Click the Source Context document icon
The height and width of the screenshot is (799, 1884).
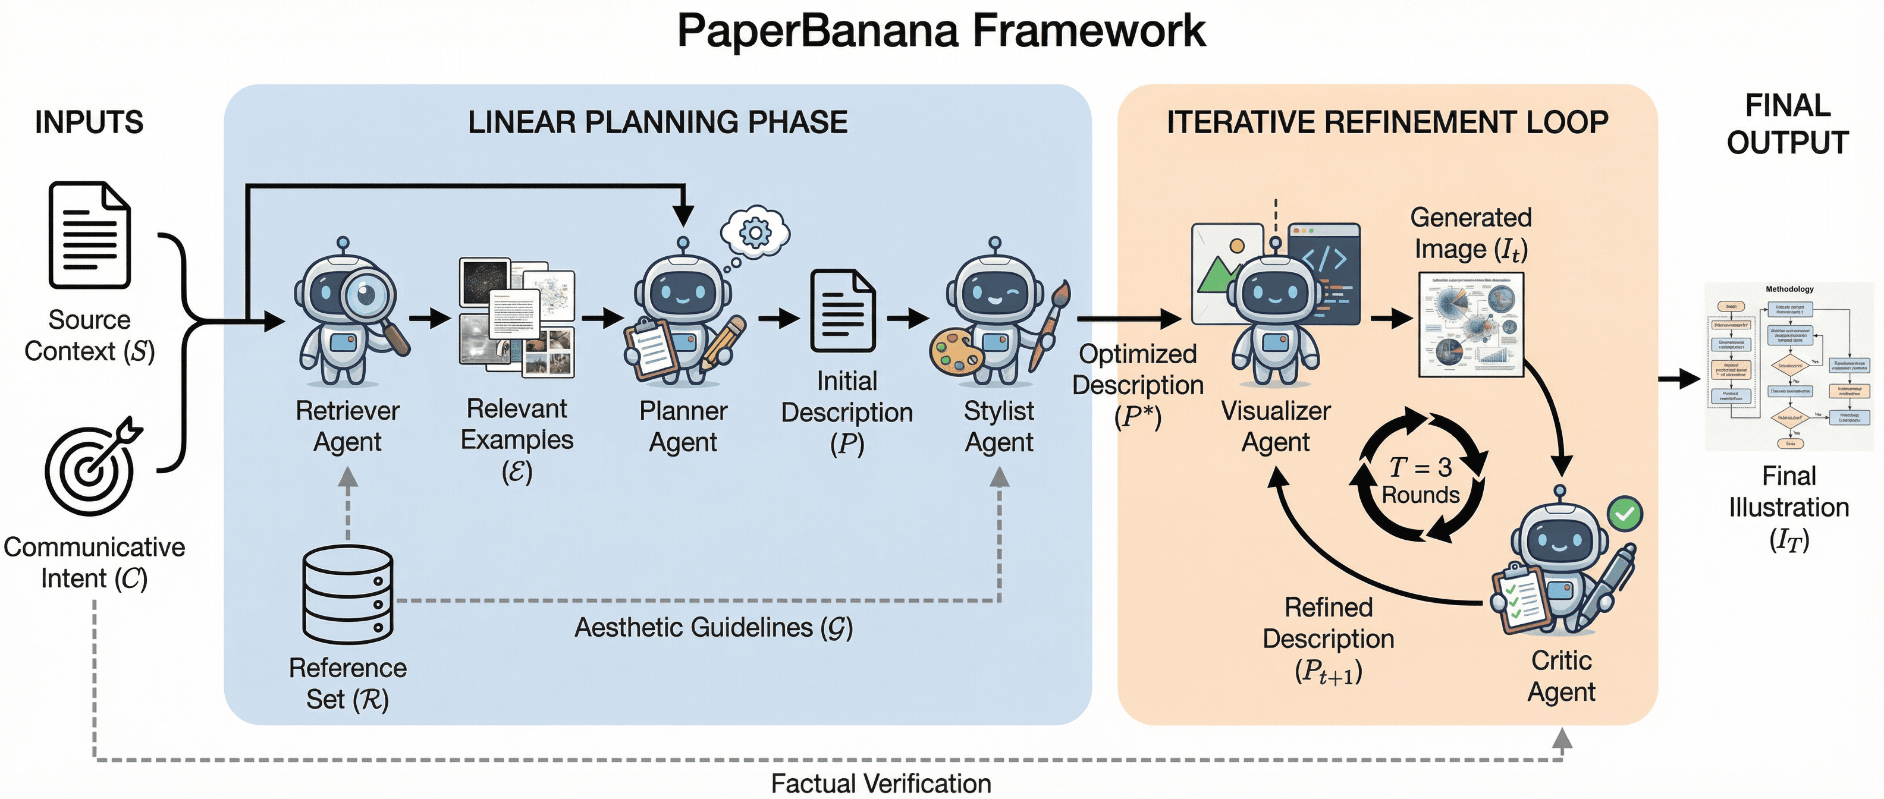(89, 235)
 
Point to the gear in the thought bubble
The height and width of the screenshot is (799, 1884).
(755, 233)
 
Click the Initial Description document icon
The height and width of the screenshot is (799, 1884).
(843, 312)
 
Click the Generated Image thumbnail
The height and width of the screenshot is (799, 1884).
(1471, 325)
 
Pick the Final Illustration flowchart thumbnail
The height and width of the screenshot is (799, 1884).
(1789, 366)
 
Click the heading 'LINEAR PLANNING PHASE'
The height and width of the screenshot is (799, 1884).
(658, 122)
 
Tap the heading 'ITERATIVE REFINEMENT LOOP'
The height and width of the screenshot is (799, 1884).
(1387, 122)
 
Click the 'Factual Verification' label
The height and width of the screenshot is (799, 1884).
(881, 783)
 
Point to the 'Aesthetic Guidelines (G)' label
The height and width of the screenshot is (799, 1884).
(713, 627)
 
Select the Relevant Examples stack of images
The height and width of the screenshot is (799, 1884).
(517, 318)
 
